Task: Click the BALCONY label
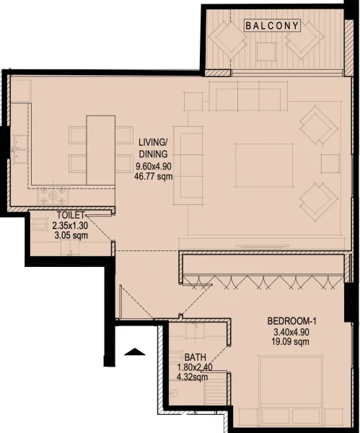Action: [x=273, y=25]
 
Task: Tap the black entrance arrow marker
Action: [x=133, y=351]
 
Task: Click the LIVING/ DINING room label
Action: [x=153, y=149]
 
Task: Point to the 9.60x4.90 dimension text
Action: [x=154, y=165]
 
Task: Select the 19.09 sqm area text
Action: [x=292, y=343]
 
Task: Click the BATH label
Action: [x=195, y=357]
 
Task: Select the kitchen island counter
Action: [x=100, y=149]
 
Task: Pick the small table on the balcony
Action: [x=265, y=51]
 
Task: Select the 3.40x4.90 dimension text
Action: [x=292, y=332]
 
